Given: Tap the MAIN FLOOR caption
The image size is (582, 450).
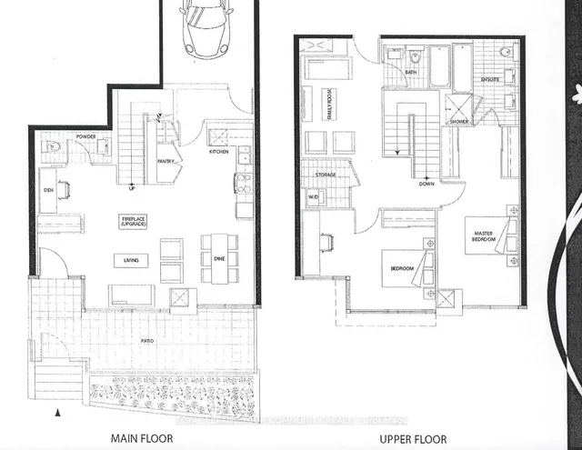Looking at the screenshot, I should coord(144,437).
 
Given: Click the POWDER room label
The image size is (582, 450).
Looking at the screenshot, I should coord(86,136).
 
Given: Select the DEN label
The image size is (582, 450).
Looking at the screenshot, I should coord(47,190).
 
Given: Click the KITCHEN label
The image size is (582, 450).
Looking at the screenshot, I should coord(218,152).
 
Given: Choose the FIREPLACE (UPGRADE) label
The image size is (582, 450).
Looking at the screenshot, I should coord(133,222).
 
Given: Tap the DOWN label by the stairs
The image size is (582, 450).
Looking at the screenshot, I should coord(426,182).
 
